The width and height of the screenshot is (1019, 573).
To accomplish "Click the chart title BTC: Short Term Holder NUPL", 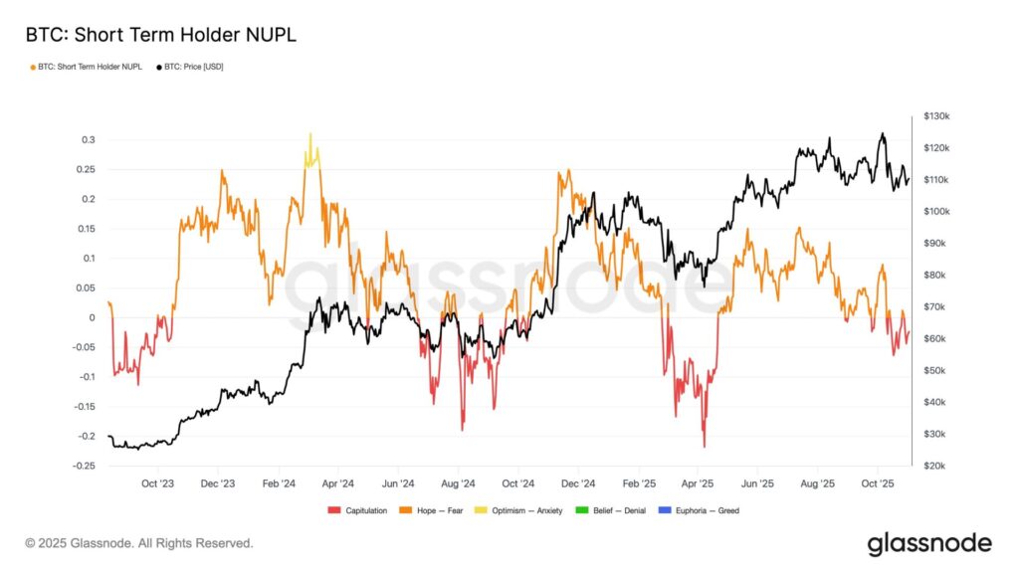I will [160, 35].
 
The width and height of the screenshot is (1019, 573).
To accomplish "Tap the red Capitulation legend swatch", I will [334, 510].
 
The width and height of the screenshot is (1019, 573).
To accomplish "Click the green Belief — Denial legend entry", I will [615, 510].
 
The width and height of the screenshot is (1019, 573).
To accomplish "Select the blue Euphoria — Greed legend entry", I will [703, 510].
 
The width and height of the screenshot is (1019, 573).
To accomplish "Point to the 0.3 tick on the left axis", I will [89, 139].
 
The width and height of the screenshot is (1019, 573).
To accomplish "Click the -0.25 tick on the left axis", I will [85, 466].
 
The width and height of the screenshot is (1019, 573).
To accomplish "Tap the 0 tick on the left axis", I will [93, 317].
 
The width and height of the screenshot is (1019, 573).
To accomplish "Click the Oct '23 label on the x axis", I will [158, 483].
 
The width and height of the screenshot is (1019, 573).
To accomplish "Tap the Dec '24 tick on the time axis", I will [577, 483].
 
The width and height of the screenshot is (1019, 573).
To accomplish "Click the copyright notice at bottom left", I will [139, 543].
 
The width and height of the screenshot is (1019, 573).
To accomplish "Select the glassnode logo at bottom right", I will [928, 543].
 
